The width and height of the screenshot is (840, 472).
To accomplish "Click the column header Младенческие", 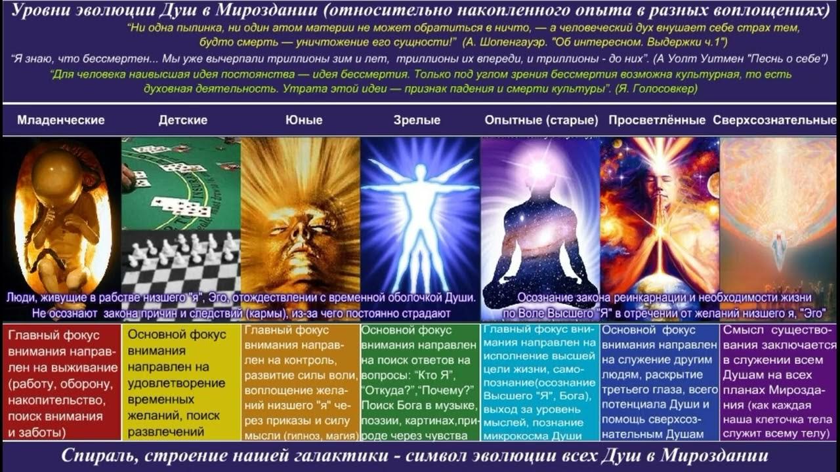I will tap(61, 120).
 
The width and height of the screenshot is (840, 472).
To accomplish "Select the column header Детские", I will tap(183, 120).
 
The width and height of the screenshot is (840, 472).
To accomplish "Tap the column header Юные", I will tap(304, 120).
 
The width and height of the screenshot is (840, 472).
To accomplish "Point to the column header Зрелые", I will tap(417, 120).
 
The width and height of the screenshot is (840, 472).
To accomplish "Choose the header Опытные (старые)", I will tap(541, 120).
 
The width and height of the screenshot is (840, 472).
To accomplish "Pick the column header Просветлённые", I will tap(657, 120).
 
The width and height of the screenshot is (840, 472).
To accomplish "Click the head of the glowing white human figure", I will tap(420, 172).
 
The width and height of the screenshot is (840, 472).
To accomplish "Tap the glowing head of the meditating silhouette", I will tap(539, 168).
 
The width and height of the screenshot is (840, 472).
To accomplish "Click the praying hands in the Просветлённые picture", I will tap(658, 216).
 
